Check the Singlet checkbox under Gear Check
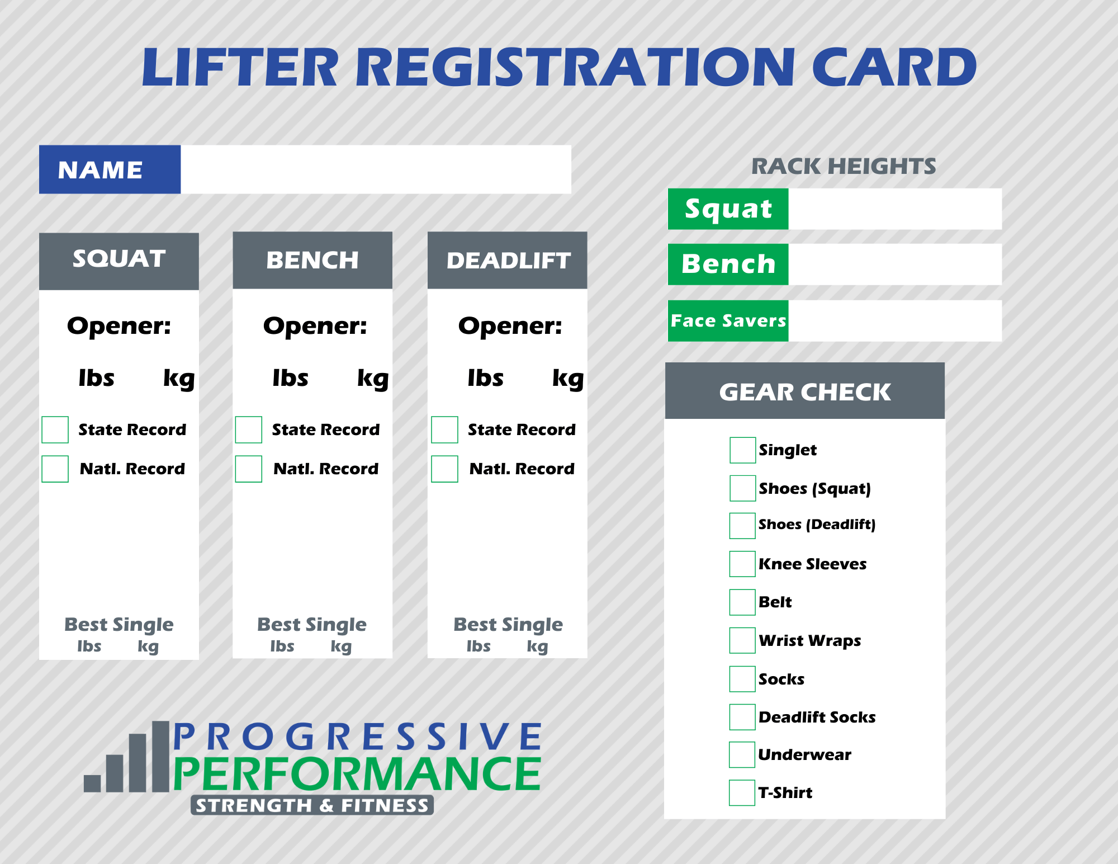coord(742,450)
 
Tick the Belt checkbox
coord(742,602)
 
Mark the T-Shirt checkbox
coord(742,792)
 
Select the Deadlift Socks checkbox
coord(742,717)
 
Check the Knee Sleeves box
coord(742,564)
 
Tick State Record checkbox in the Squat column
coord(55,429)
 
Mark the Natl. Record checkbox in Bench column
coord(249,469)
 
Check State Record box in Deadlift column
coord(444,429)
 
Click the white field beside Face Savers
coord(894,321)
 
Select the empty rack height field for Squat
coord(894,209)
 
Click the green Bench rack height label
coord(728,265)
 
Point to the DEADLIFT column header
coord(507,261)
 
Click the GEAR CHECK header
coord(804,391)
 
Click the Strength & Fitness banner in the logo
coord(312,805)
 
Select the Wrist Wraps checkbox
coord(742,640)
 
